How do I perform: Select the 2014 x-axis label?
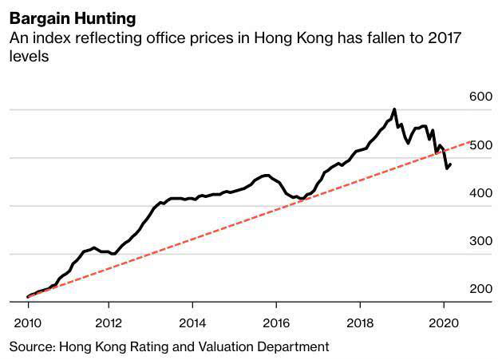[x=192, y=323]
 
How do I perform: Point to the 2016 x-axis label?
[x=275, y=323]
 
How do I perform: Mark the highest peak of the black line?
[x=394, y=109]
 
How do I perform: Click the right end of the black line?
[x=451, y=164]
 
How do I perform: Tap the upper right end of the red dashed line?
[x=476, y=140]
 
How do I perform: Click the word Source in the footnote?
[x=30, y=346]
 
